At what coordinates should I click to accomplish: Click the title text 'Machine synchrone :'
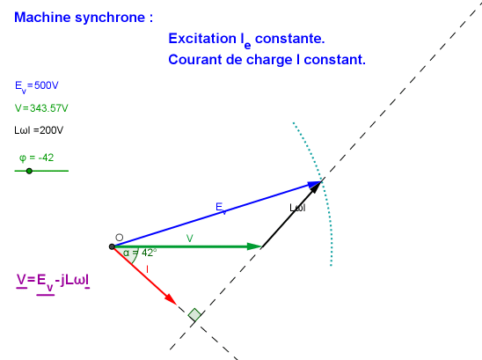84,18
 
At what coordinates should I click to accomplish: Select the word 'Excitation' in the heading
202,39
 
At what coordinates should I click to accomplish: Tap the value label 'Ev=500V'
37,86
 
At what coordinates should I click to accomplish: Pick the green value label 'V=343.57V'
41,108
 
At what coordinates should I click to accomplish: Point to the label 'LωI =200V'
39,130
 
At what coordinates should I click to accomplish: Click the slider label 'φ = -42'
37,158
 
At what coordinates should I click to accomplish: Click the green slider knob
29,171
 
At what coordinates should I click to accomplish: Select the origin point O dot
112,246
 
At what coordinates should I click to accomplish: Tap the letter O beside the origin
120,238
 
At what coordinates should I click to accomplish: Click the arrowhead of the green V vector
254,246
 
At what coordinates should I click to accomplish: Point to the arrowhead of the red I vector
171,299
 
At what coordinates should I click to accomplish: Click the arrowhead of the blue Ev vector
315,184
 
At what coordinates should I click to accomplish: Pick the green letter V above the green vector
190,239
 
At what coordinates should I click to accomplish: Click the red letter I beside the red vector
147,269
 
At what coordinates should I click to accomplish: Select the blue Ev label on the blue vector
221,208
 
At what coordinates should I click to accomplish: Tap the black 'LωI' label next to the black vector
297,208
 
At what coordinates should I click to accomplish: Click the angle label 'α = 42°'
140,253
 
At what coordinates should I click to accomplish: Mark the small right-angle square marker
194,314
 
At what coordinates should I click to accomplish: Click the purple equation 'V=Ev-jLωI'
53,282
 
